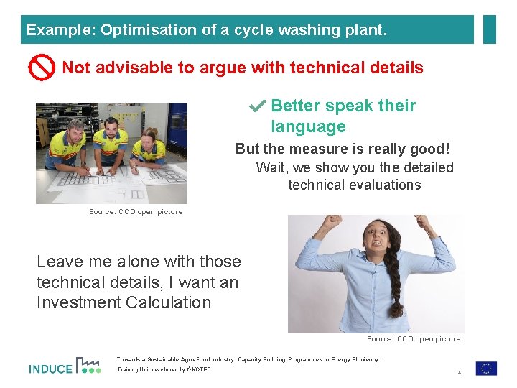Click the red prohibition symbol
(x=42, y=68)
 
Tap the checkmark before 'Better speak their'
(x=257, y=106)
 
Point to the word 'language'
(x=308, y=127)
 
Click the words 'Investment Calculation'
(x=124, y=302)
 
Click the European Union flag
(x=486, y=368)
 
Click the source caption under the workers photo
(x=136, y=212)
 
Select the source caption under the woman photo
(x=414, y=338)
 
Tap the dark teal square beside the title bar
(x=489, y=29)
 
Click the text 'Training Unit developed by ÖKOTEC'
(x=164, y=370)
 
